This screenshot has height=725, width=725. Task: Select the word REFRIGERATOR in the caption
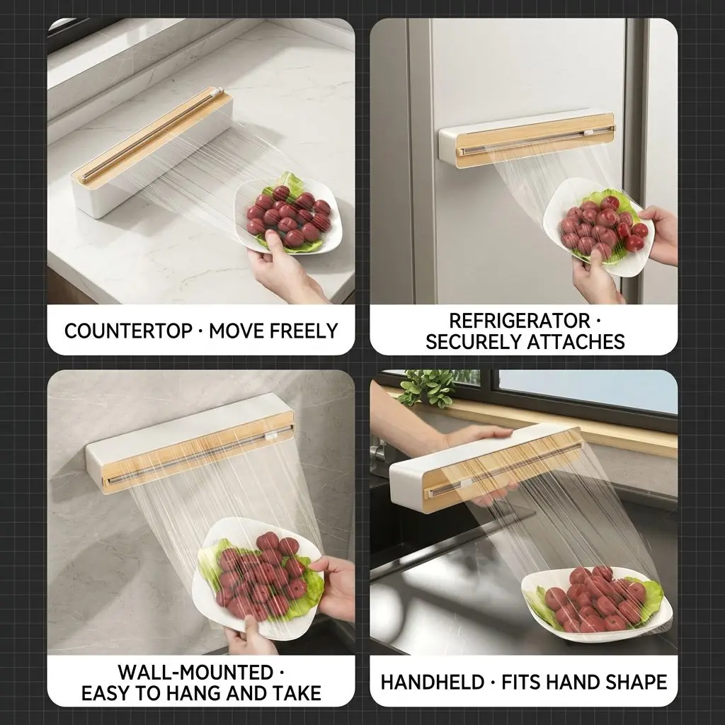519,321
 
